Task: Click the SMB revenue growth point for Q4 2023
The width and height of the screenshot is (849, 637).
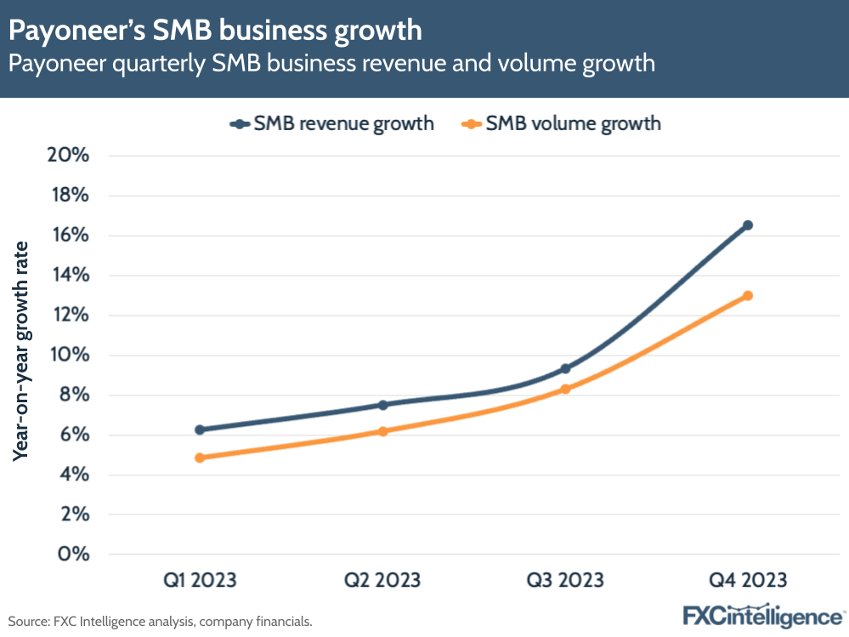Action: [748, 225]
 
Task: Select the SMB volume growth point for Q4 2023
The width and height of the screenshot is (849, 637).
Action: [748, 296]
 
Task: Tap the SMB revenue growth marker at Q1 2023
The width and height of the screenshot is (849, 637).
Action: [200, 429]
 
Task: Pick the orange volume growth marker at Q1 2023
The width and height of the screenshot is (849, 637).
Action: [200, 458]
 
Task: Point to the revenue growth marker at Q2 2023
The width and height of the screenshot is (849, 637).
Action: [382, 405]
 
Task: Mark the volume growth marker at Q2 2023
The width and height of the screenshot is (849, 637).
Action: [382, 431]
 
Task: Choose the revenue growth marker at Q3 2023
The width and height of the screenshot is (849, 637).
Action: [565, 368]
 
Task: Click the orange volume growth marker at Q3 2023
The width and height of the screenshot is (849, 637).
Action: [565, 390]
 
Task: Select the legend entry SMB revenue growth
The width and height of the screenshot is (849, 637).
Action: [332, 123]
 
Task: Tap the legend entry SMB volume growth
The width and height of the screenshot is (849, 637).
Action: [562, 123]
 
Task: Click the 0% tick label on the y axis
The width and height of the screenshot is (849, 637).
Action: [74, 555]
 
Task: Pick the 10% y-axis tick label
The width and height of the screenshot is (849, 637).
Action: [70, 355]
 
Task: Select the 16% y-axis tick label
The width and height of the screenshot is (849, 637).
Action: [70, 236]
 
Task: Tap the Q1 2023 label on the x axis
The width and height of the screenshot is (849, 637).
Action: [200, 581]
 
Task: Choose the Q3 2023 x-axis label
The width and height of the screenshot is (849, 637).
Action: [565, 581]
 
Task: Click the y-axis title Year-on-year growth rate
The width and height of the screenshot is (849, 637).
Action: [21, 350]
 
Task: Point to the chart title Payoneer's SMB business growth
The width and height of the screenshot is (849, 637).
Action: [215, 31]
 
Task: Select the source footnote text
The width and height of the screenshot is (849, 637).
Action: [161, 622]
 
